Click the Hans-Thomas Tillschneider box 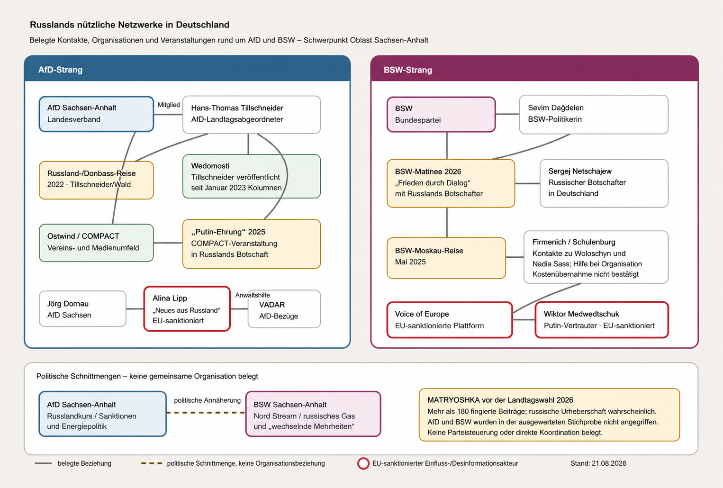[x=252, y=115]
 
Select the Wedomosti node [x=252, y=176]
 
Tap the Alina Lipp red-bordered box [x=187, y=309]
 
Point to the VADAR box [x=284, y=309]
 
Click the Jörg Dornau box [x=82, y=309]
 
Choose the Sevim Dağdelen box [x=594, y=115]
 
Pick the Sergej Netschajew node [x=604, y=183]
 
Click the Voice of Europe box [x=450, y=320]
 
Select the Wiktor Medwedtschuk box [x=602, y=320]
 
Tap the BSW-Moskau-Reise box [x=446, y=258]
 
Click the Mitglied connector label [x=169, y=105]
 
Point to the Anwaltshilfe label [x=253, y=295]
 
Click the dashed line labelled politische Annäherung [x=206, y=413]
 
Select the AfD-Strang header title [x=60, y=70]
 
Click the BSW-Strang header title [x=407, y=70]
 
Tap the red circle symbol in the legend [x=363, y=463]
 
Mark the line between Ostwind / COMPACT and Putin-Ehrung [x=168, y=243]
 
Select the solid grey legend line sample [x=43, y=463]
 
